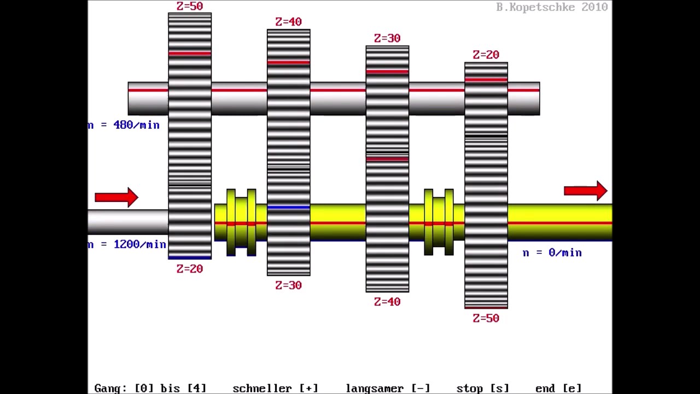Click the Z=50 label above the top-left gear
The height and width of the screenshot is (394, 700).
pos(190,6)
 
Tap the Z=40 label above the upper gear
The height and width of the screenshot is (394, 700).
pos(288,21)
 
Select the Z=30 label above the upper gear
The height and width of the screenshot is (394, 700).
pos(387,38)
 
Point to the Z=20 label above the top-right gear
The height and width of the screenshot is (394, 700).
pos(486,55)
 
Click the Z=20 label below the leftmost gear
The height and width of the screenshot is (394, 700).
pos(190,269)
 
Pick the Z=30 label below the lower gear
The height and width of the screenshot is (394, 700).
pos(288,285)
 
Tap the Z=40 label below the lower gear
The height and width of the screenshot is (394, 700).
pos(387,302)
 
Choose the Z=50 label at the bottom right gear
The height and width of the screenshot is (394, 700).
pos(486,318)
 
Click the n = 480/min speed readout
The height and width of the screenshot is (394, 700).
pos(124,125)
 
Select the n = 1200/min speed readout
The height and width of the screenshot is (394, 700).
pos(127,244)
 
